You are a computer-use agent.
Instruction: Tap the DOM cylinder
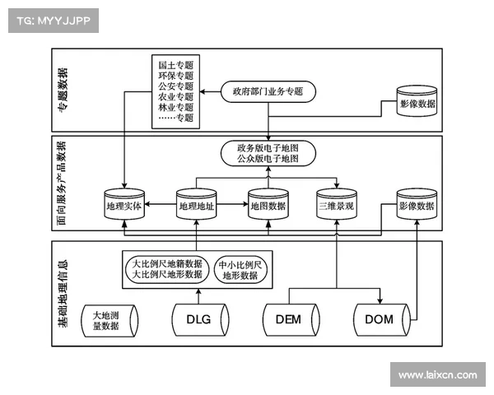(380, 320)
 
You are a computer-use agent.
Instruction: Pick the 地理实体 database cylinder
(124, 206)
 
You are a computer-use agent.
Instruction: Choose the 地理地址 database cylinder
(196, 206)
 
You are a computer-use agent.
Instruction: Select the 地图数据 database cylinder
(268, 206)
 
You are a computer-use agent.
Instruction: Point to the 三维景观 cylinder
(336, 206)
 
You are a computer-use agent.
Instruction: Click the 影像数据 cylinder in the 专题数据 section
(417, 106)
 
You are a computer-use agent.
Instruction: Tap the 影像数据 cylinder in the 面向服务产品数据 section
(417, 206)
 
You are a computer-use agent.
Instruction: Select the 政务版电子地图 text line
(268, 147)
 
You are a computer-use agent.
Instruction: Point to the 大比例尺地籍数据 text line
(167, 263)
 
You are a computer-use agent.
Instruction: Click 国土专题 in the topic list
(175, 63)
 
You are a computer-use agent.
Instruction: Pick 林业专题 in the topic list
(175, 107)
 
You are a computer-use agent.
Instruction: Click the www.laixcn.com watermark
(437, 374)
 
